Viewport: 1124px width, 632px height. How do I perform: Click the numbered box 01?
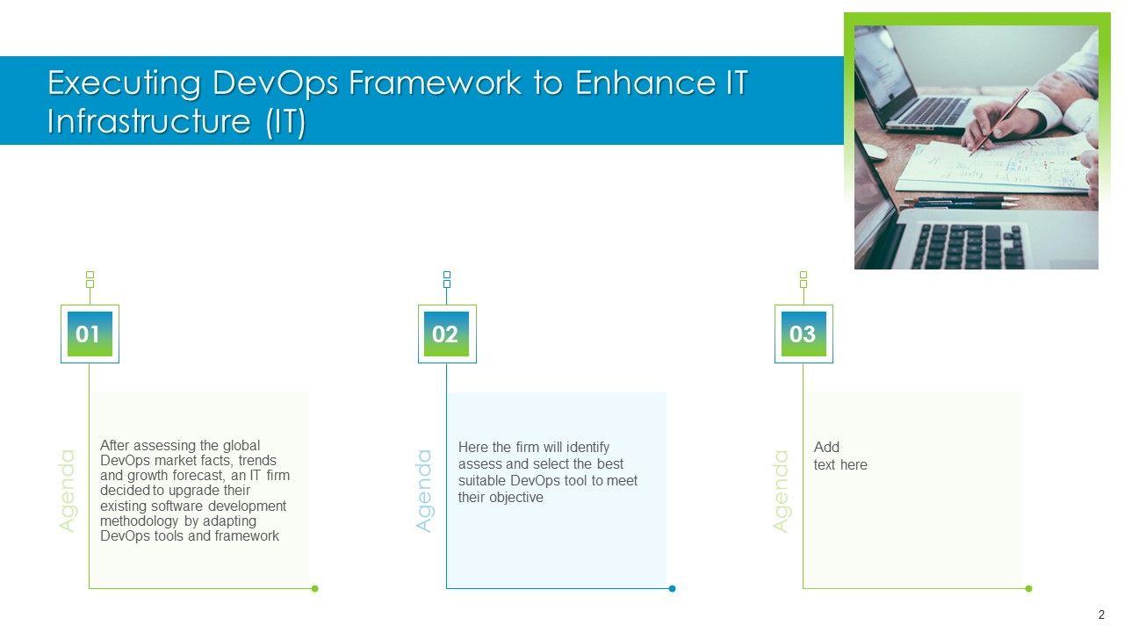90,334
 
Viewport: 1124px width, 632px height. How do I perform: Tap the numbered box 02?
447,334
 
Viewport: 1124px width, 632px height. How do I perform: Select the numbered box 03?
803,334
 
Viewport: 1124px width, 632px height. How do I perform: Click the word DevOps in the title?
276,83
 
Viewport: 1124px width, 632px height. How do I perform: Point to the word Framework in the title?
435,83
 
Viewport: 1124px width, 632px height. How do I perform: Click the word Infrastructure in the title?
149,121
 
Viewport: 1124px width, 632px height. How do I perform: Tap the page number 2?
1101,614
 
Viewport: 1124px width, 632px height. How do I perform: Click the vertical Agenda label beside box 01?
67,491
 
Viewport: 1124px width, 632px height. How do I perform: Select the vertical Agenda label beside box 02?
424,491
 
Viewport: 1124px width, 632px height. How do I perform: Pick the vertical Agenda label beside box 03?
781,491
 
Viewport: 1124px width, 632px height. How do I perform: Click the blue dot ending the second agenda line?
673,588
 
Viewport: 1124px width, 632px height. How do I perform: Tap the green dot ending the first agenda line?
315,588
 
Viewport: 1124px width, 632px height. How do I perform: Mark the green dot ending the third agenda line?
1029,588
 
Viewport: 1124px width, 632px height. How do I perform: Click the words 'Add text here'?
840,456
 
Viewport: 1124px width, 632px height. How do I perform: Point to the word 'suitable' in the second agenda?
482,480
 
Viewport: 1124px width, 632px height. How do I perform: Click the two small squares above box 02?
447,279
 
